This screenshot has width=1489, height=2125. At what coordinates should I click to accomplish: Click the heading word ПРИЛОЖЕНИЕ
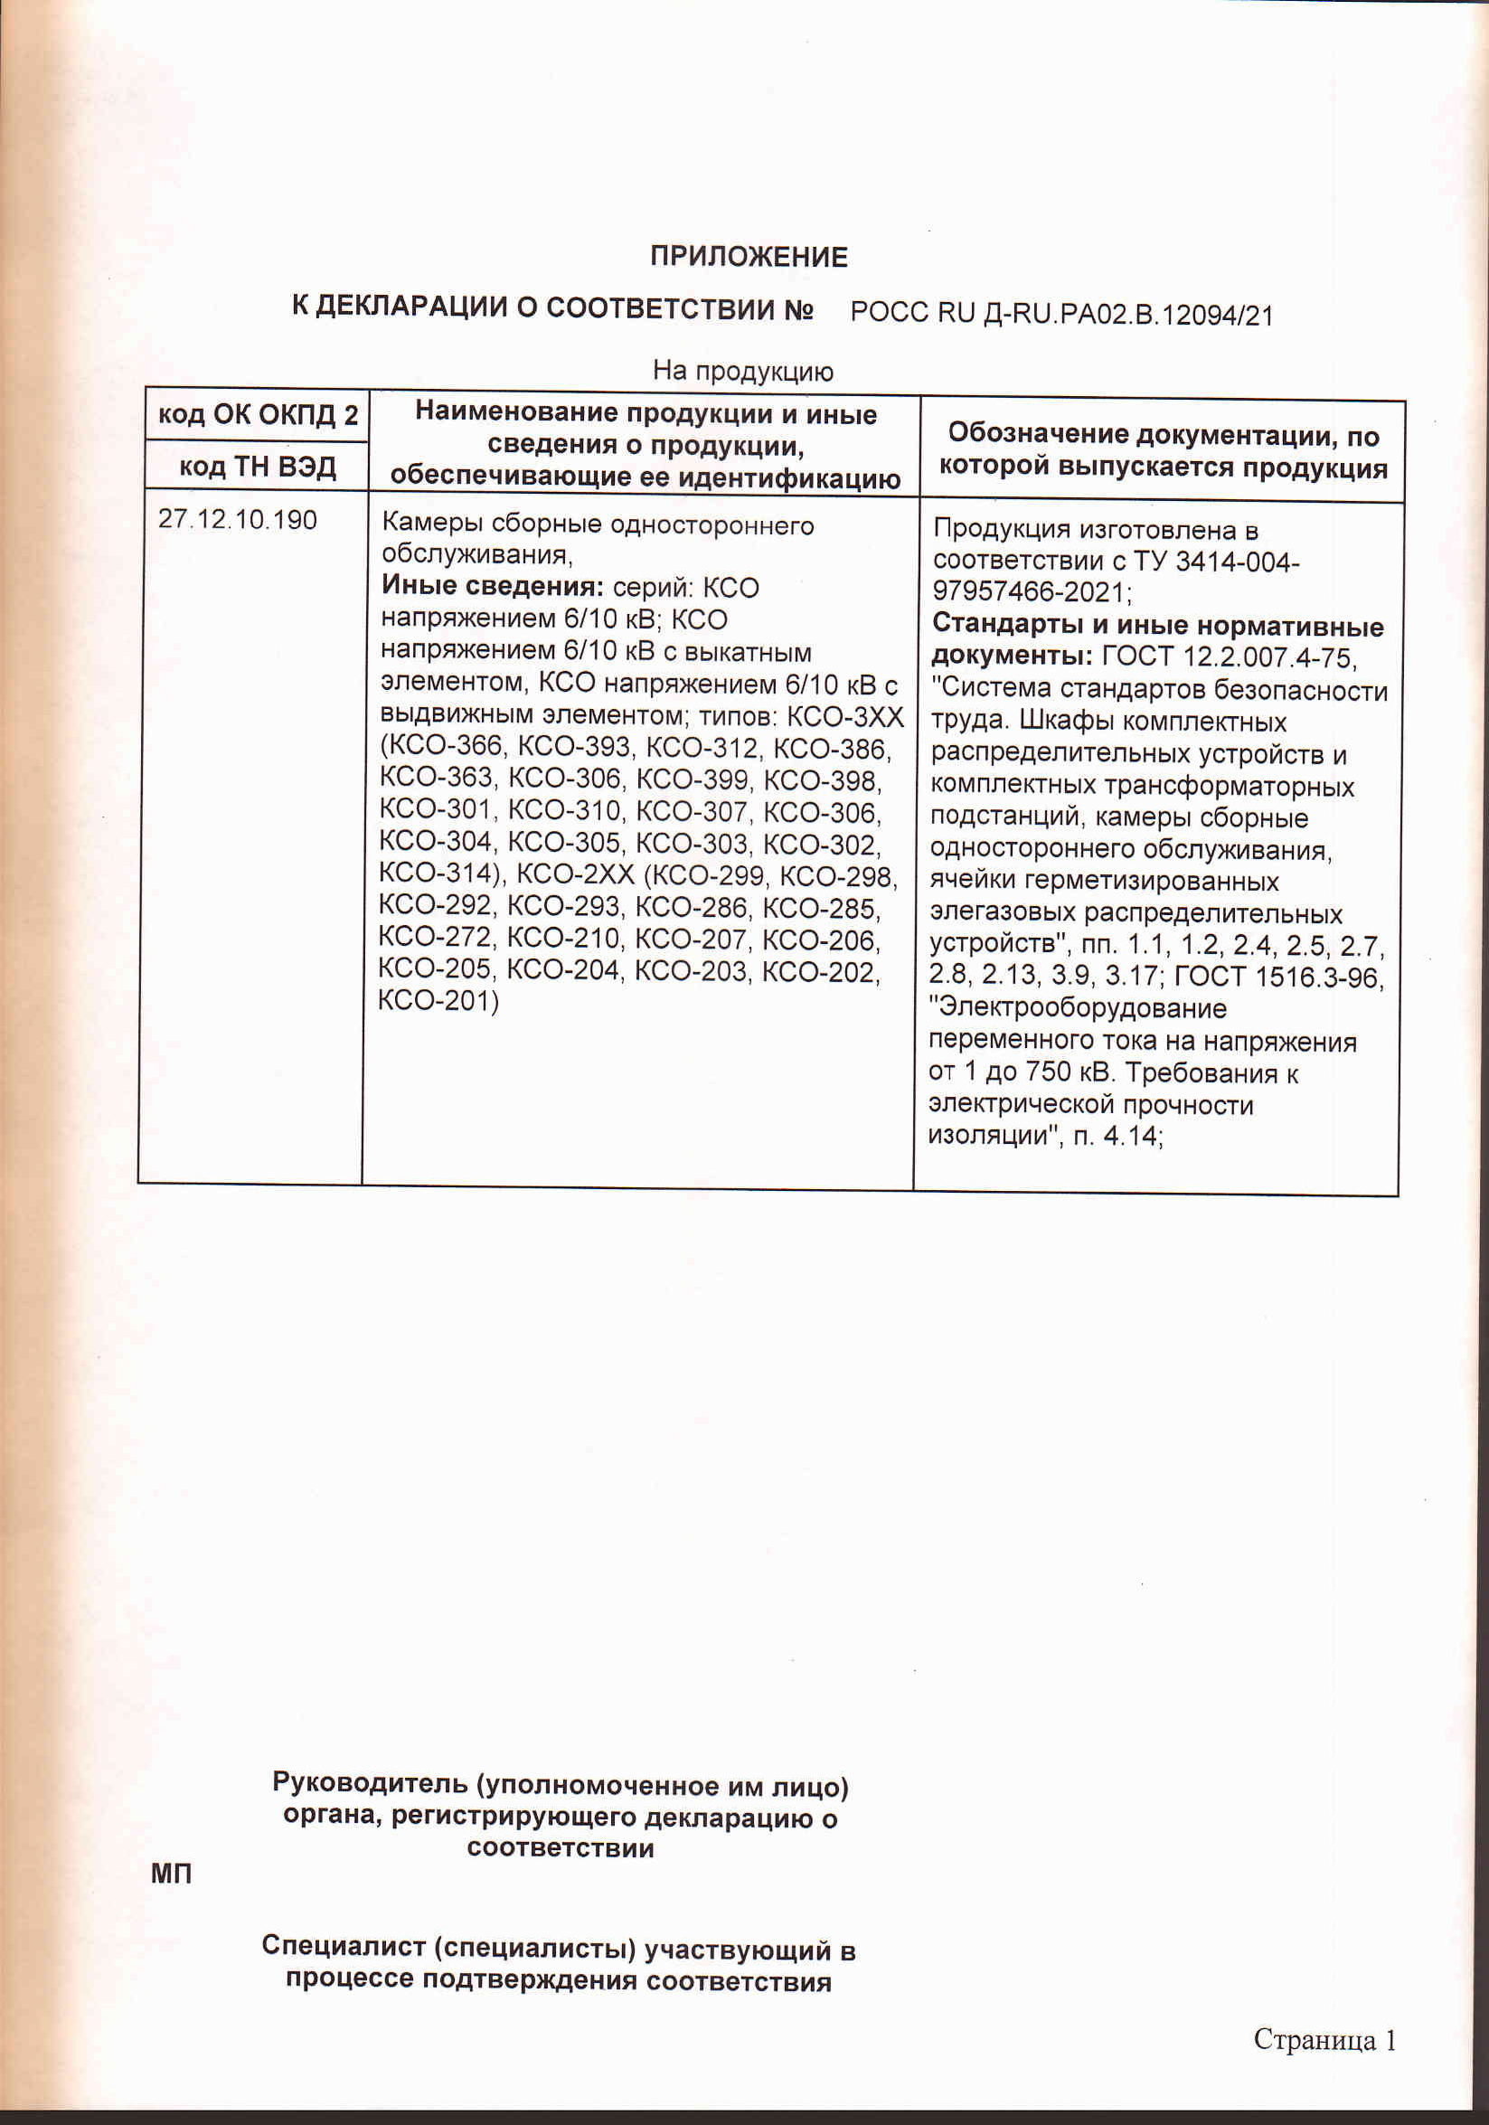pos(748,257)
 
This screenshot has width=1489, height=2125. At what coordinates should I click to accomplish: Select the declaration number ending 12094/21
pos(1061,315)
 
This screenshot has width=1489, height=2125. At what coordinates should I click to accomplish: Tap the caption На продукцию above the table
pos(742,371)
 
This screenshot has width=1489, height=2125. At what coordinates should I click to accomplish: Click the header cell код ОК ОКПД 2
pos(258,414)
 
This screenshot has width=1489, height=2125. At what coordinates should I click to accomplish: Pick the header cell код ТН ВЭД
pos(258,466)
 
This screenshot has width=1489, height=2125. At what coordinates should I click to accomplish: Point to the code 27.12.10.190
pos(238,519)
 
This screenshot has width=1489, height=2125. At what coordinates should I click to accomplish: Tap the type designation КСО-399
pos(693,779)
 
